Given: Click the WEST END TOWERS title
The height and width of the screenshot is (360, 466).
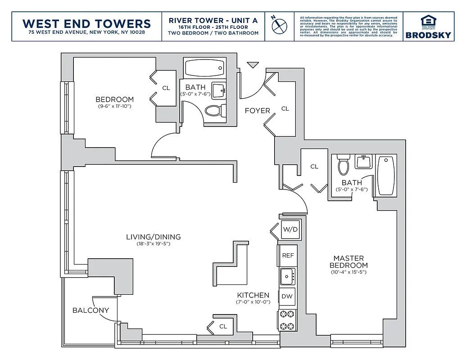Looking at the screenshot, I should click(x=86, y=23).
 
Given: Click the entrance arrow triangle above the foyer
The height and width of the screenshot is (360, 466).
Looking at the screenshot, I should click(x=253, y=65).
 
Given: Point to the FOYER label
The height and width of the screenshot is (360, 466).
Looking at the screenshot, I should click(x=257, y=111).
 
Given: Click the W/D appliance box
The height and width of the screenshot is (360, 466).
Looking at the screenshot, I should click(x=290, y=229).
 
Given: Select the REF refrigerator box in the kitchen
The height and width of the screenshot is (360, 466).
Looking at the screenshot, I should click(x=288, y=255).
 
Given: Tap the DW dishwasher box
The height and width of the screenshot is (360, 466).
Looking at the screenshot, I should click(x=287, y=296).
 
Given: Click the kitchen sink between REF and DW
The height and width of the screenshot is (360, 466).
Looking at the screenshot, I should click(x=287, y=276).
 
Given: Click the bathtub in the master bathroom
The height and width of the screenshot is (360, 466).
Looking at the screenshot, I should click(x=386, y=175).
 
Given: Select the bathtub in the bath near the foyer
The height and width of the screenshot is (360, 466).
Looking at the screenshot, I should click(x=204, y=68).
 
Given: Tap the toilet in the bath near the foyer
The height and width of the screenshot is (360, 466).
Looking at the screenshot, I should click(x=214, y=110).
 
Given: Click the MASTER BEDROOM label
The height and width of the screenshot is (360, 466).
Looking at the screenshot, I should click(x=348, y=261).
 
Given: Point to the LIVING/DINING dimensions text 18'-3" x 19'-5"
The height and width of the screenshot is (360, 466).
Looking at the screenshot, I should click(x=153, y=243).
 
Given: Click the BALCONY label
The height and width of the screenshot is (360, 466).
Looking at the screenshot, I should click(x=90, y=310).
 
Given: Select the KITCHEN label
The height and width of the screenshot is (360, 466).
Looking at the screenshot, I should click(x=253, y=295).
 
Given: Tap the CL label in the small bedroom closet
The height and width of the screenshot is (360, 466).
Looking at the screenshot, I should click(x=166, y=88).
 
